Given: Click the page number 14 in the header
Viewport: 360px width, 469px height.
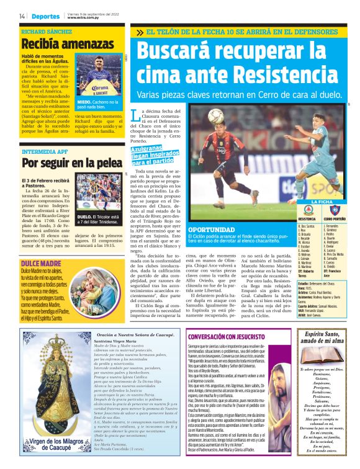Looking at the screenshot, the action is (x=22, y=15).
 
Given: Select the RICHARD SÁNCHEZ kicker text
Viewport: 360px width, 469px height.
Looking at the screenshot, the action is (x=47, y=30).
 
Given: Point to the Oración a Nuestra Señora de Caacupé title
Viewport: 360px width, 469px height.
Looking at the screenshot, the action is (x=130, y=334).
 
